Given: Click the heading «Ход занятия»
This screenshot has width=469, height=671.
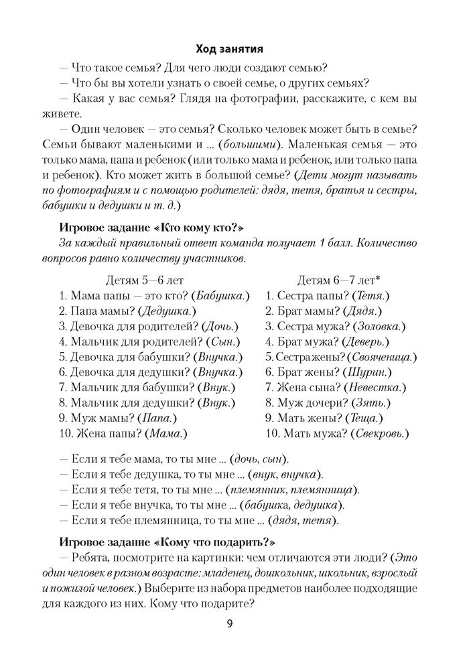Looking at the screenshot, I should click(229, 49).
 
